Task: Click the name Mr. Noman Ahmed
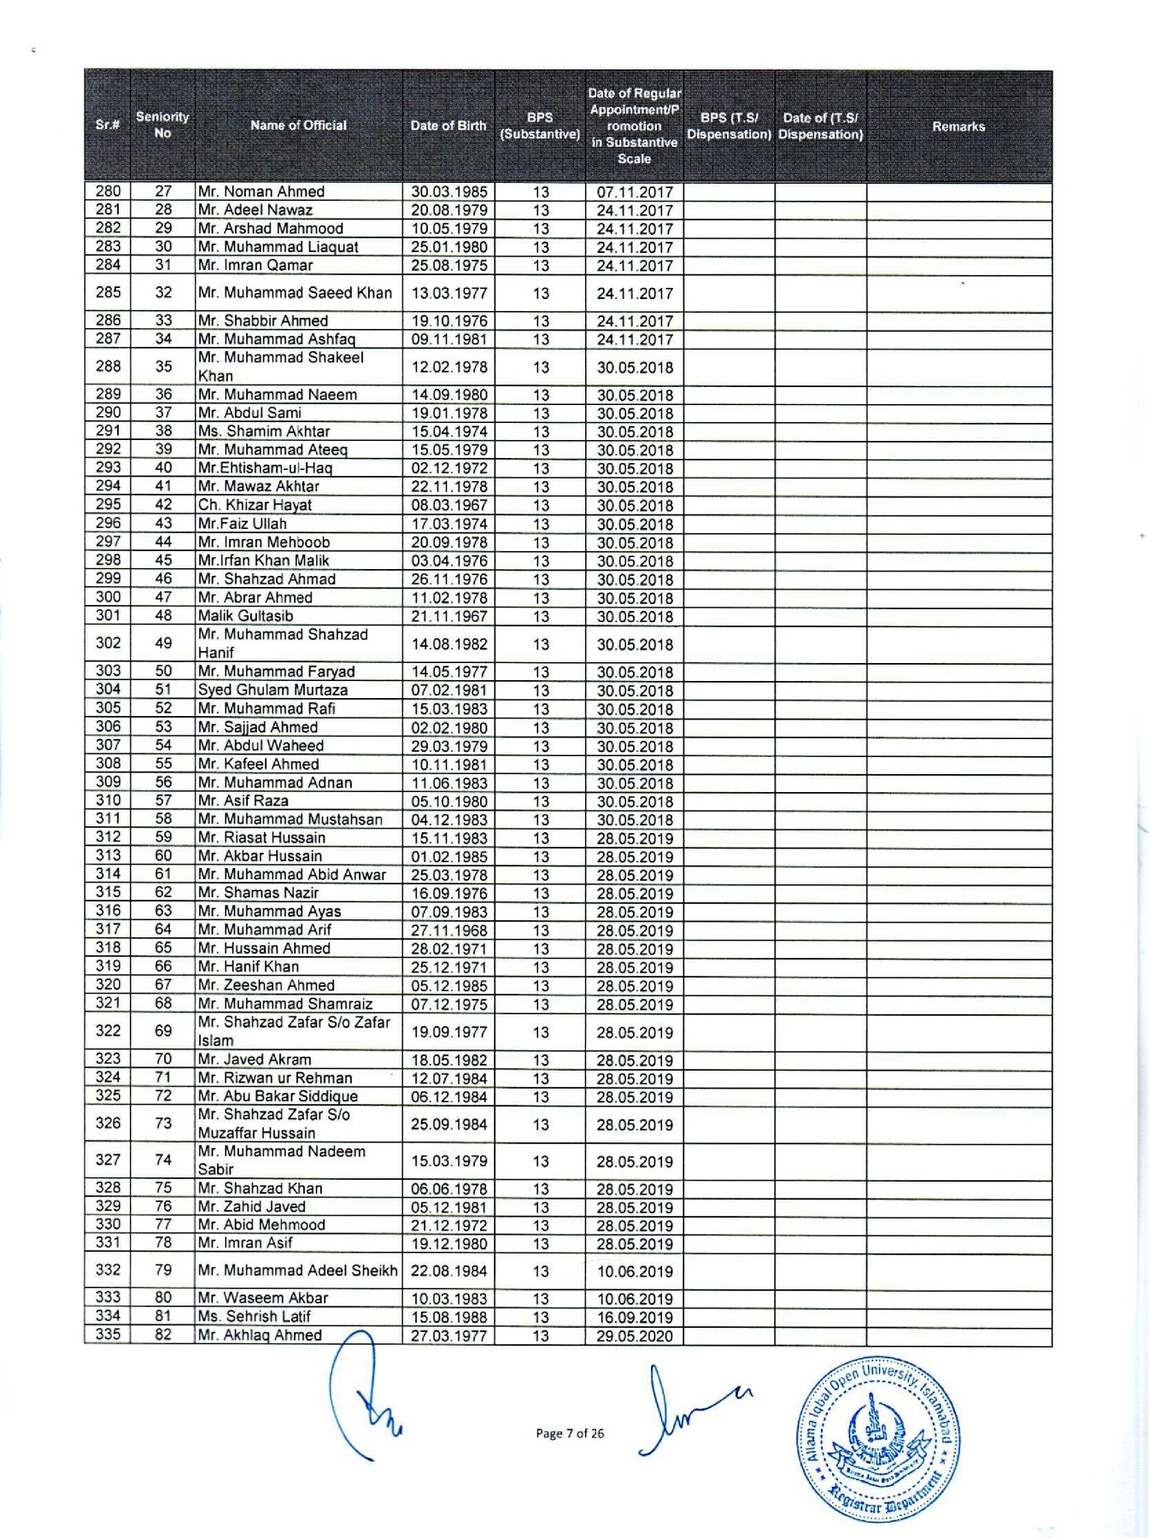tap(261, 191)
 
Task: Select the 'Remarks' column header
tap(958, 126)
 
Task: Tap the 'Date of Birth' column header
tap(448, 126)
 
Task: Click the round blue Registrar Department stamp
tap(878, 1439)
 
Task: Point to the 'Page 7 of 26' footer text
tap(570, 1434)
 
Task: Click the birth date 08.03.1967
tap(449, 505)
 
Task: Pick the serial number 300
tap(108, 597)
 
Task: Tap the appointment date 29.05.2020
tap(635, 1336)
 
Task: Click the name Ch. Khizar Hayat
tap(255, 505)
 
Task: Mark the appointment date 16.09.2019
tap(635, 1318)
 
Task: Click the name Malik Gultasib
tap(245, 616)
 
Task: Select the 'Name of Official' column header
tap(298, 126)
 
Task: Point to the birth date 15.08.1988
tap(449, 1318)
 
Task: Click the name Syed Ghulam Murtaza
tap(273, 690)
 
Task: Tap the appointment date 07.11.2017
tap(635, 192)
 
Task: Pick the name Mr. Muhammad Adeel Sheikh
tap(298, 1271)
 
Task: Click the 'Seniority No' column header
tap(162, 125)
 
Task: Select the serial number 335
tap(108, 1335)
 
